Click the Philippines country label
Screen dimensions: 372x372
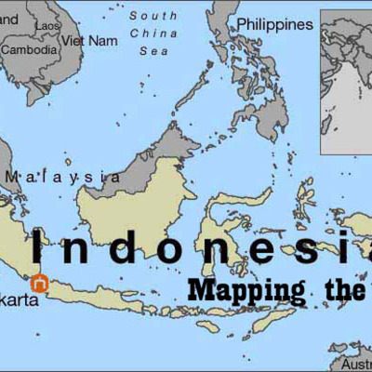point(274,24)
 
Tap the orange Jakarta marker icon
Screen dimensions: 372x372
point(39,284)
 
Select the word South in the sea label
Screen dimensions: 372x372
point(153,16)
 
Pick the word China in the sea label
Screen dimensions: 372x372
point(153,34)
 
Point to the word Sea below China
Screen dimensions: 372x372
point(153,52)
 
